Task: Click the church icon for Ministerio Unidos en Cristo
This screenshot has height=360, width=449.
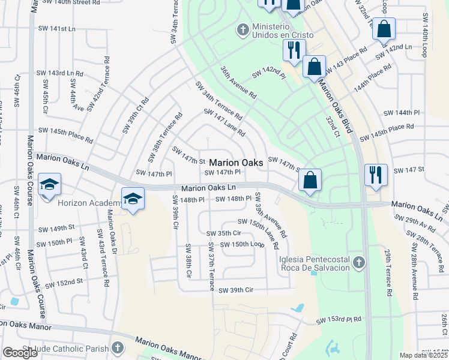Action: click(x=243, y=29)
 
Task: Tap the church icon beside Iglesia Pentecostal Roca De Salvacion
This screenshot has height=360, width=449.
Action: click(x=358, y=263)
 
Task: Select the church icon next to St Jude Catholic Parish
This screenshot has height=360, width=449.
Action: click(x=118, y=347)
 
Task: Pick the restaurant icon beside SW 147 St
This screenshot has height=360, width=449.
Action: click(x=376, y=175)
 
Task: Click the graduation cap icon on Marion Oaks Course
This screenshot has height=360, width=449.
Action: click(x=49, y=184)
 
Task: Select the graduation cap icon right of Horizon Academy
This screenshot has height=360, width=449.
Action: click(x=133, y=199)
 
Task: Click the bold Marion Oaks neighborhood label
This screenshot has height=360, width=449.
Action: click(x=236, y=163)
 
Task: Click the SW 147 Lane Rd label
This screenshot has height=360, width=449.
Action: click(x=224, y=122)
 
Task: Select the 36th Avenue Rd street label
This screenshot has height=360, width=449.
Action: click(x=238, y=83)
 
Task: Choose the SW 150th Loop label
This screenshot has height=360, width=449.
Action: click(x=242, y=244)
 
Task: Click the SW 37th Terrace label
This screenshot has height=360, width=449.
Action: click(x=211, y=266)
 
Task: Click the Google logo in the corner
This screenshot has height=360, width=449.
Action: click(x=20, y=352)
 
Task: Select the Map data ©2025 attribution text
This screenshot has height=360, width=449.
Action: click(x=423, y=355)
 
